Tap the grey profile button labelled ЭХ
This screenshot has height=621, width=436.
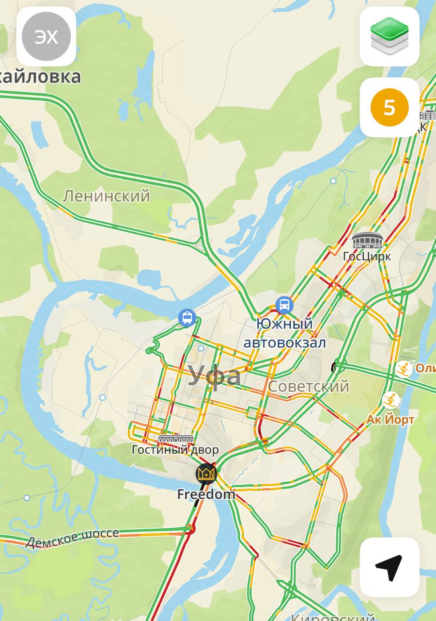47,37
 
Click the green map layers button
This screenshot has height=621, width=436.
389,37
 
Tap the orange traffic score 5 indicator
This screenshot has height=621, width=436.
389,107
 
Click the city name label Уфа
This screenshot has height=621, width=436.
214,376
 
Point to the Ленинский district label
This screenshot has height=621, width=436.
107,196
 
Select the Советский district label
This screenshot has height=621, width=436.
308,386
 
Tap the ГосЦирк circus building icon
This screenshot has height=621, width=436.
367,241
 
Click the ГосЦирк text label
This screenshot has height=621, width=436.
367,256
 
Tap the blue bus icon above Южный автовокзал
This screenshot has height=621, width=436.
284,305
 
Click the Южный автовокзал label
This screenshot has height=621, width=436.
284,333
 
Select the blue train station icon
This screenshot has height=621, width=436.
187,318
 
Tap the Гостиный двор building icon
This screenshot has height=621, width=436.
176,439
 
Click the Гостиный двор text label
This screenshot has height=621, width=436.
175,450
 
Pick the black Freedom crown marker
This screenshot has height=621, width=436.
206,474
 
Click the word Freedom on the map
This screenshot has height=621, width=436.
206,494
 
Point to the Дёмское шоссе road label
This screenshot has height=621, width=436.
72,537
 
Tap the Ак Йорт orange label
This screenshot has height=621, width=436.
390,419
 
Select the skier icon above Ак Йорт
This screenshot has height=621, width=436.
390,401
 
